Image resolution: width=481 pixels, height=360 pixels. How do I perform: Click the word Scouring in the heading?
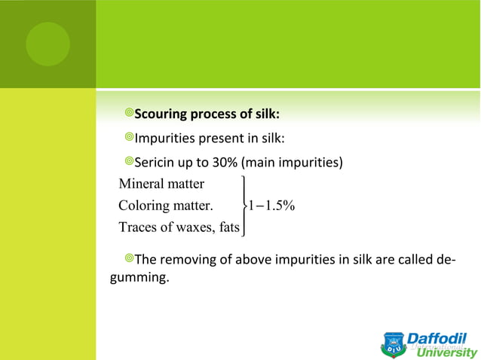(x=160, y=114)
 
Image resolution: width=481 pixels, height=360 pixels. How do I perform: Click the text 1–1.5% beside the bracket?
(x=272, y=205)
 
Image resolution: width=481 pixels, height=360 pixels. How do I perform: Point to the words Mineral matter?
(x=161, y=183)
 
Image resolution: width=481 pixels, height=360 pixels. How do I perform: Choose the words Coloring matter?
(x=166, y=205)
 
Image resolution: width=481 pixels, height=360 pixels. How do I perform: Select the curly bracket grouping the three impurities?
(x=244, y=205)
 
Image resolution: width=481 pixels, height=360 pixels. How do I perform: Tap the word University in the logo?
(x=446, y=352)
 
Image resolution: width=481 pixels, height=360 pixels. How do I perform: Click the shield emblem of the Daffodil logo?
(x=394, y=345)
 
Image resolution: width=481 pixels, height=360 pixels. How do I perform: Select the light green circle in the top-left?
(x=47, y=44)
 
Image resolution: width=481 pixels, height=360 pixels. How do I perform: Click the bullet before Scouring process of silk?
(x=129, y=114)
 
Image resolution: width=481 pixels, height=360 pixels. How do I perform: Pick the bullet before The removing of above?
(x=129, y=260)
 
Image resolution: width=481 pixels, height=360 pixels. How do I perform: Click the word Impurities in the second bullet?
(x=163, y=139)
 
